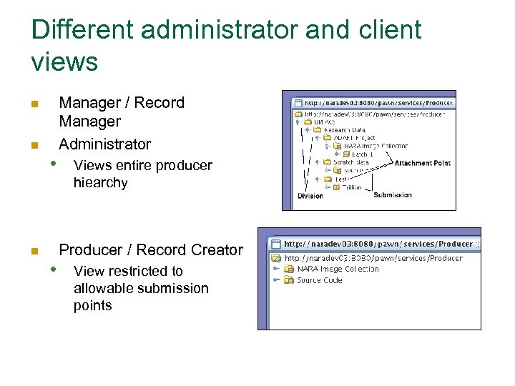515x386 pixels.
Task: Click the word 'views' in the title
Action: [64, 63]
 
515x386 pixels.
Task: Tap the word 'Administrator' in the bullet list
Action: [104, 144]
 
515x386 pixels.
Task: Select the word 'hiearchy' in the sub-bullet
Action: [100, 183]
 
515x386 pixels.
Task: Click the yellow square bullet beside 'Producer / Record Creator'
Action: [34, 251]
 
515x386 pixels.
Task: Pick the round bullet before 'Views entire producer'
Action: [53, 163]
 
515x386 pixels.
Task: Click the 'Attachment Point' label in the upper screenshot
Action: [422, 163]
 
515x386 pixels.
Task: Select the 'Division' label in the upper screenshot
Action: [310, 195]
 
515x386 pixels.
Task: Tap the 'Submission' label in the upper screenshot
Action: [393, 194]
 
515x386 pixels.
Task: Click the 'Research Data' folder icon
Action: [317, 130]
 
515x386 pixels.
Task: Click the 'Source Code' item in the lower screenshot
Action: [320, 280]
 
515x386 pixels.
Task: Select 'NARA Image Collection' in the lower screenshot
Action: [338, 269]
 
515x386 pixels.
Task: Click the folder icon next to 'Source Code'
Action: [289, 280]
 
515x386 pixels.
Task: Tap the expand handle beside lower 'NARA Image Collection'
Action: [275, 269]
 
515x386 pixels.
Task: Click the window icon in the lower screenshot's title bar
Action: [275, 244]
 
